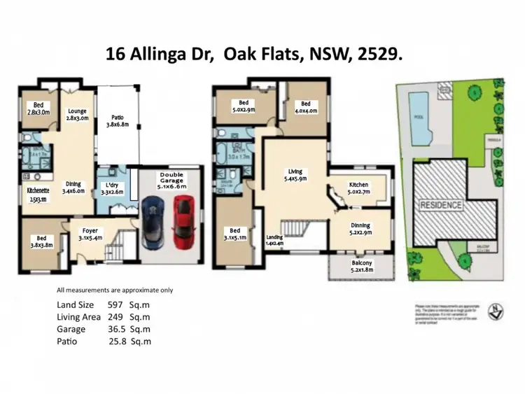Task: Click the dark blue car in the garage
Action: coord(153,222)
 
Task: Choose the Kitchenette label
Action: coord(36,194)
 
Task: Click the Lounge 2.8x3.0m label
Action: coord(77,115)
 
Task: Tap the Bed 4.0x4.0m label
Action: coord(304,106)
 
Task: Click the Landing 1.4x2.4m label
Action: coord(275,241)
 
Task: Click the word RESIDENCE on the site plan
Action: coord(440,205)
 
